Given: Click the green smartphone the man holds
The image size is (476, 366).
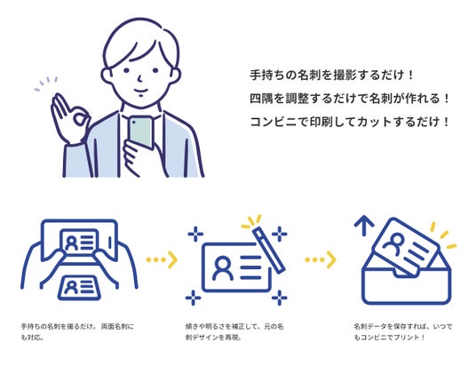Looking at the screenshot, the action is click(x=141, y=132).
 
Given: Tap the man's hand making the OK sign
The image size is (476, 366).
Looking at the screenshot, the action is click(x=69, y=118).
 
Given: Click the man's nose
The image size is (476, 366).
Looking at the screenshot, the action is click(x=139, y=79).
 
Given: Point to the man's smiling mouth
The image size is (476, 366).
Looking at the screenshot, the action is click(x=141, y=91).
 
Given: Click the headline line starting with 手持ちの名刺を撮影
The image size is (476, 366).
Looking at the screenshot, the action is click(x=331, y=75).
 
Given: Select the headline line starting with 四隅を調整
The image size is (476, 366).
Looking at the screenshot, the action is click(x=349, y=99).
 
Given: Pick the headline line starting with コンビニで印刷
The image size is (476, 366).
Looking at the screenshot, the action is click(x=349, y=122).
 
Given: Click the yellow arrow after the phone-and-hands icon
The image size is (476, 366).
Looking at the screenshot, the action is click(x=162, y=259).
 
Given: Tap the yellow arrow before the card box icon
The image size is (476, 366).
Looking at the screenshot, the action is click(x=321, y=259).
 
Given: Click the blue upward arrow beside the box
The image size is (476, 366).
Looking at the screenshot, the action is click(x=364, y=226).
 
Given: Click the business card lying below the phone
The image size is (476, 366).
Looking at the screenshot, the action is click(x=79, y=288).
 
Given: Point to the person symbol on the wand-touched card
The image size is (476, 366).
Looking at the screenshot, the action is click(x=223, y=268).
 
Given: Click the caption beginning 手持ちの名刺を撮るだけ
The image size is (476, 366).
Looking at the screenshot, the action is click(x=77, y=332).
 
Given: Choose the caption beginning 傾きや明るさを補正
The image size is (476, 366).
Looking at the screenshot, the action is click(x=234, y=332).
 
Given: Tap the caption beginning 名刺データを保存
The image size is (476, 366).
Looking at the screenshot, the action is click(x=403, y=332).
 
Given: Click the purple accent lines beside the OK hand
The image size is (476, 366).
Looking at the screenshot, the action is click(x=46, y=84).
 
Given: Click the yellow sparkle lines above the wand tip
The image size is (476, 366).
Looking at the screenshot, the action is click(x=251, y=221).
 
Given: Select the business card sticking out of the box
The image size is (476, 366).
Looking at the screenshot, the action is click(x=405, y=247).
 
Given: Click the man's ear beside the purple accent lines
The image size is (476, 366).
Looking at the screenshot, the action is click(x=107, y=76).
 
